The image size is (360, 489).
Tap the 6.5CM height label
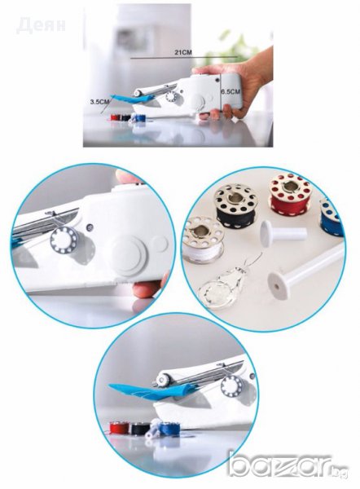point(230,91)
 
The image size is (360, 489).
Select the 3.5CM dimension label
point(99,101)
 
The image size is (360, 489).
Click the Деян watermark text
point(42,24)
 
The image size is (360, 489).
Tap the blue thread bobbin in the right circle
point(331,215)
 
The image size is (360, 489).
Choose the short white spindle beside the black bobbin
point(283,232)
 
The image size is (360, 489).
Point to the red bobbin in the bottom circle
point(119,427)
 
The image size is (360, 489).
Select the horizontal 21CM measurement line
point(184,58)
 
